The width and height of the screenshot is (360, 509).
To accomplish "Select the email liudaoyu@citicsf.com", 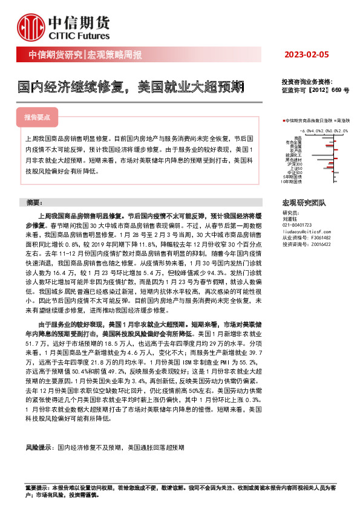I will click(x=305, y=232).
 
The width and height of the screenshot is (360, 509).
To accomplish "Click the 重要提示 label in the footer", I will click(x=37, y=487).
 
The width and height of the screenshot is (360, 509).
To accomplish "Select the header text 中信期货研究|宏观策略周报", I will click(x=86, y=56).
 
